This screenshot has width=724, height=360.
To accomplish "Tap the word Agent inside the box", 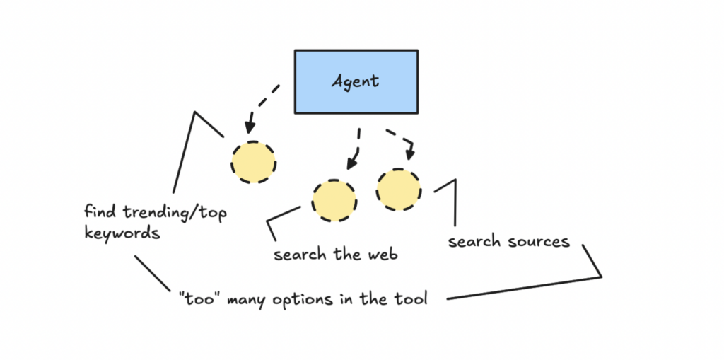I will coord(356,81).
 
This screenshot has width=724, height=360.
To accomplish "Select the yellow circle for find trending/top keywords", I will coord(253,162).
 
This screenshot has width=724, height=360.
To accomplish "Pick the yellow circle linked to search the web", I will coord(334,200).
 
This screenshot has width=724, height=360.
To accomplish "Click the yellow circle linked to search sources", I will coord(398,190).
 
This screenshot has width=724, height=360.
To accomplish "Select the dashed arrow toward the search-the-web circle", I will coord(356,150).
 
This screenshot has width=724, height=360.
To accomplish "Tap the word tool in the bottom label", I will coord(411,298).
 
